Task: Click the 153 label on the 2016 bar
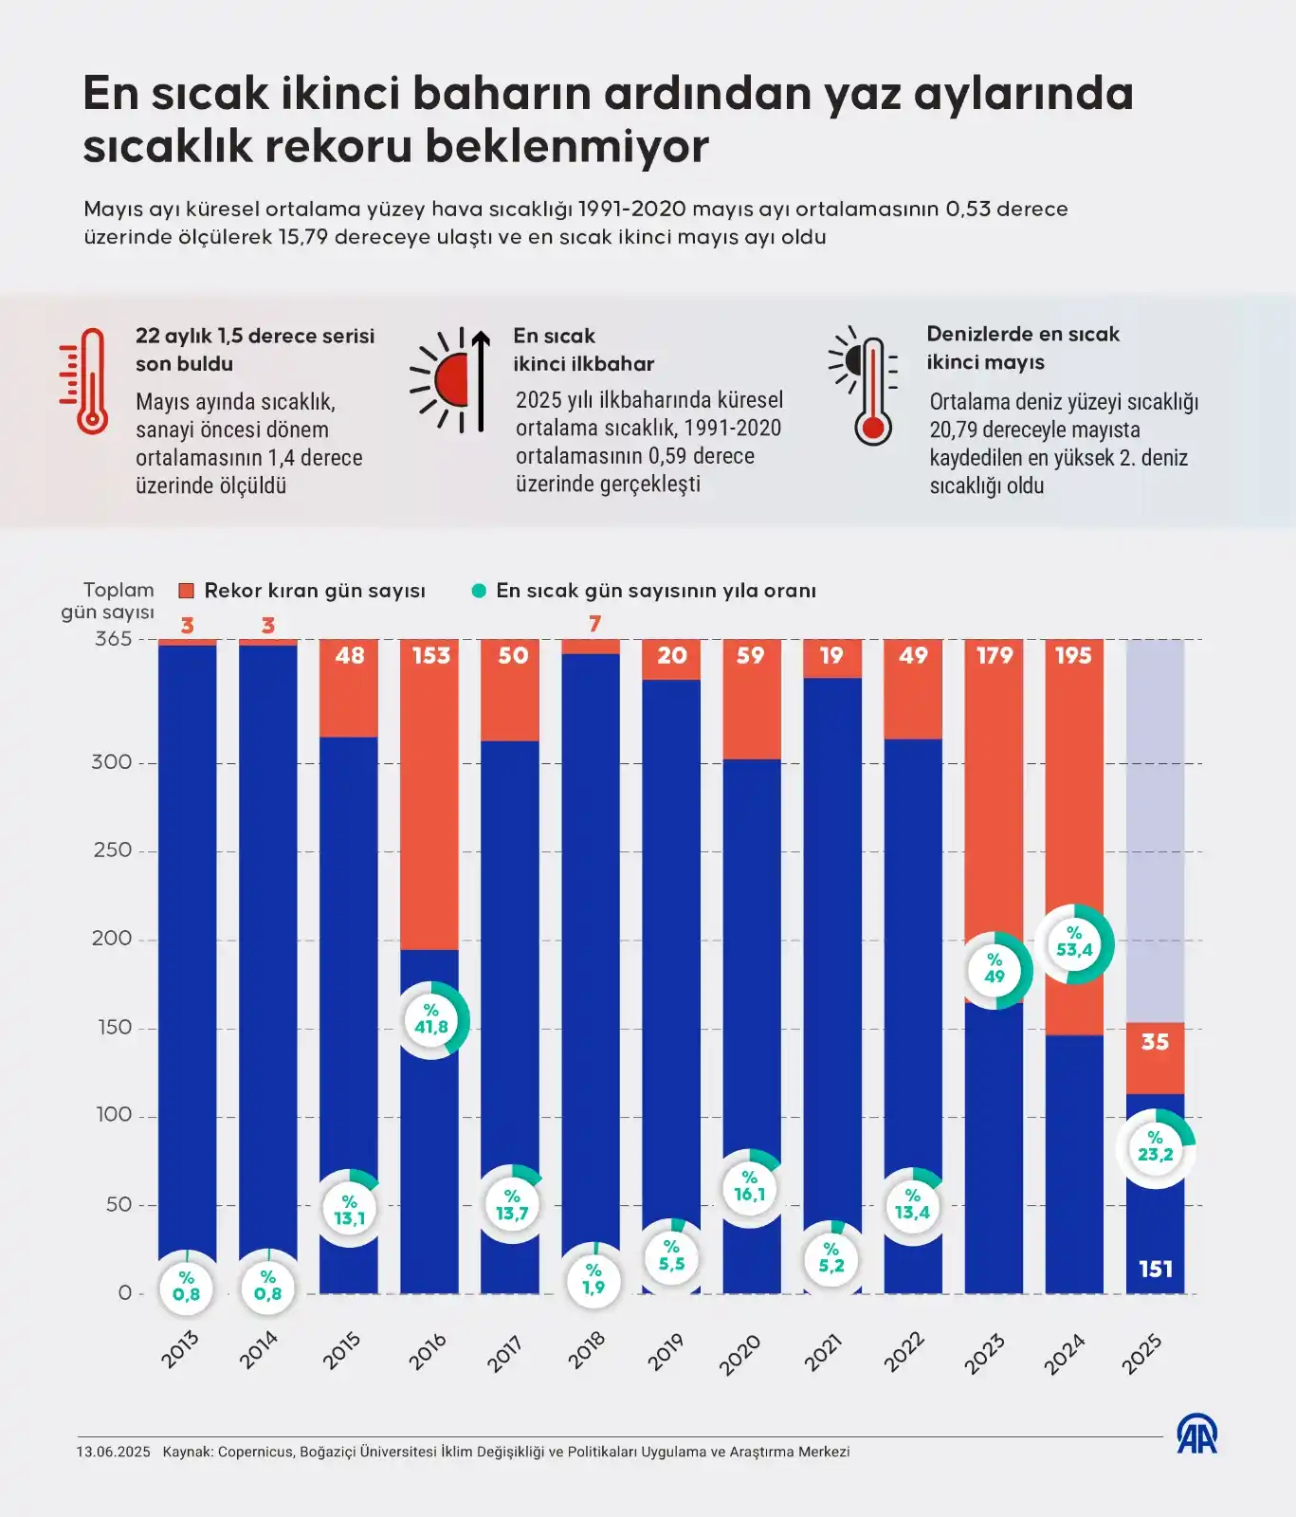click(x=430, y=655)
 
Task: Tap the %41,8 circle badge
click(x=431, y=1019)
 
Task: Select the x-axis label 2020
click(x=739, y=1354)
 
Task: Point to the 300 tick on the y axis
click(x=112, y=762)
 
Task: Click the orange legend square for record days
click(x=186, y=591)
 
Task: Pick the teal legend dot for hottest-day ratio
click(x=479, y=591)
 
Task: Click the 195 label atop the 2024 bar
click(x=1073, y=655)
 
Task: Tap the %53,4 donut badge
click(x=1074, y=943)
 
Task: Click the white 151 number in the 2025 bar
click(x=1155, y=1269)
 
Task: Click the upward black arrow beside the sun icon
click(x=481, y=379)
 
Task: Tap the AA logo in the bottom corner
click(x=1196, y=1435)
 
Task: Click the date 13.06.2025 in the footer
click(x=113, y=1452)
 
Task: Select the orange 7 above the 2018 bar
click(x=594, y=624)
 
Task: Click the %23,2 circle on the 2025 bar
click(x=1155, y=1147)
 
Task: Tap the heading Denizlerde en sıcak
click(x=1022, y=334)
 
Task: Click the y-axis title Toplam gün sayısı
click(x=109, y=601)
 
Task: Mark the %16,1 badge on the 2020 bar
click(x=749, y=1187)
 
